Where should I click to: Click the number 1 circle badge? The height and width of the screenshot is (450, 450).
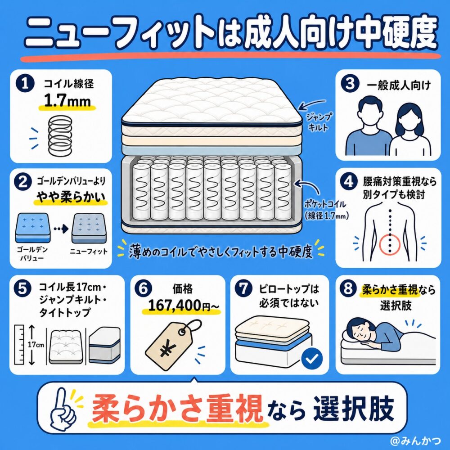25,83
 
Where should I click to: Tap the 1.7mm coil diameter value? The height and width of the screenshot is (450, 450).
67,101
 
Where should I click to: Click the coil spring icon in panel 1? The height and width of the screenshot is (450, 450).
60,135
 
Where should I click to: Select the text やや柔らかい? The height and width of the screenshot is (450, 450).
70,197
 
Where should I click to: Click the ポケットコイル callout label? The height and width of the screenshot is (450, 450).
326,210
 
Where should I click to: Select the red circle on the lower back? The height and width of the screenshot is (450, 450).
389,244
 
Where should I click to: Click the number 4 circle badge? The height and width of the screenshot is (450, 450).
348,182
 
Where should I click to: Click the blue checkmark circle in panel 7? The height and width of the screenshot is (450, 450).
312,358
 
